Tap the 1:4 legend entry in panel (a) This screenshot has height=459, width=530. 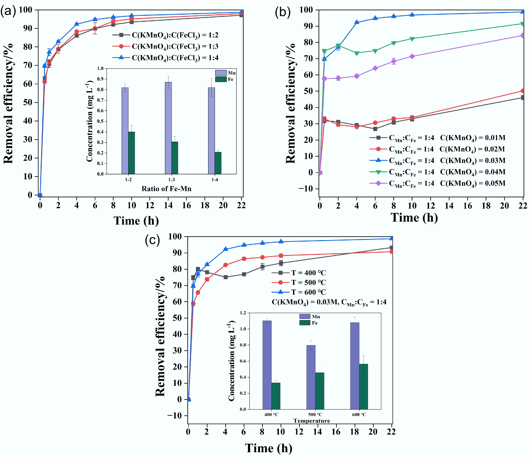[165, 58]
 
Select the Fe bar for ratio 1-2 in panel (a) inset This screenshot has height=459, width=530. [131, 153]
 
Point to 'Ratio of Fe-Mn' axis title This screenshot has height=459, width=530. [166, 189]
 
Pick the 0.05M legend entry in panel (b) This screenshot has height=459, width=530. [437, 183]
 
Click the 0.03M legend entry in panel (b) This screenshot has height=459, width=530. [437, 161]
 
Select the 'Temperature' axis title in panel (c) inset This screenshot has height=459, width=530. [312, 421]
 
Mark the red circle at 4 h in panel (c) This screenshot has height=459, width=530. [225, 265]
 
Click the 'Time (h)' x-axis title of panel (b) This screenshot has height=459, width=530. [414, 218]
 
